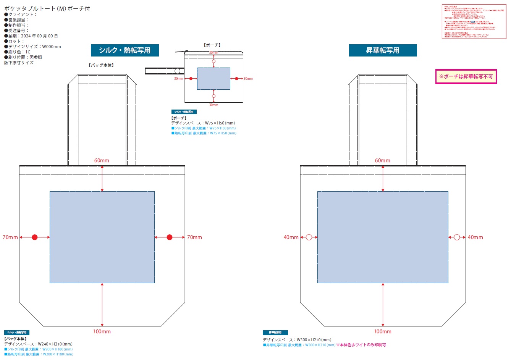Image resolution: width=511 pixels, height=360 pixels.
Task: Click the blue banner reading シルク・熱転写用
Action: (125, 50)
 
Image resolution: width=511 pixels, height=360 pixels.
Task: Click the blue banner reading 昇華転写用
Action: (383, 50)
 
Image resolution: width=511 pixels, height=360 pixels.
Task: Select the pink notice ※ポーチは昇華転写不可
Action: (466, 76)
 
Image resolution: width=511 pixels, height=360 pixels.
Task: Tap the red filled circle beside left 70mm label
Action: (35, 237)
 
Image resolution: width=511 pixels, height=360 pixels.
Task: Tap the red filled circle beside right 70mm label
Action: (170, 237)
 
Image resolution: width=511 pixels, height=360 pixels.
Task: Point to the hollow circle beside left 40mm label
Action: (309, 237)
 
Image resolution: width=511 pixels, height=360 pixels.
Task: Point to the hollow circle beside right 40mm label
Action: (457, 237)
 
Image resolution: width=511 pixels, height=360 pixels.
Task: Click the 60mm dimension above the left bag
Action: (102, 161)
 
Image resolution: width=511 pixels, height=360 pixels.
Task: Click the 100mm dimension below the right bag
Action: (383, 331)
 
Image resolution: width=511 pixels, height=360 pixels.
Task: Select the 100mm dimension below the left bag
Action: (102, 331)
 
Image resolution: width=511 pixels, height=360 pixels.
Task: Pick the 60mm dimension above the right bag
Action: (383, 161)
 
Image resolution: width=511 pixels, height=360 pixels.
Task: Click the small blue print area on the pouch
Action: (213, 79)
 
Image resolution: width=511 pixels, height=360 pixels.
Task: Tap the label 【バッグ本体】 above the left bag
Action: (101, 65)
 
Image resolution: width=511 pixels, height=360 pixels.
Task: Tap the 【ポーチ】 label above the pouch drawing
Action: (212, 45)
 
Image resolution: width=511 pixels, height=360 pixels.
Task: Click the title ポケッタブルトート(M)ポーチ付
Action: (47, 8)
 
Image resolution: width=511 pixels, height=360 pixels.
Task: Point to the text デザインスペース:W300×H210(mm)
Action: (297, 340)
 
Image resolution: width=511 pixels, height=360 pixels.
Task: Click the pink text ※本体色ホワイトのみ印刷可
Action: (361, 345)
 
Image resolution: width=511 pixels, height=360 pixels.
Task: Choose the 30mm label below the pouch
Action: (213, 105)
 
